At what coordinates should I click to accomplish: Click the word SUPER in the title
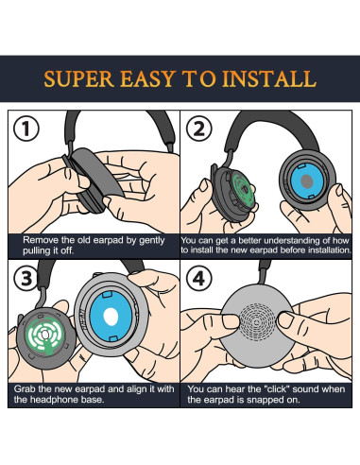(78, 78)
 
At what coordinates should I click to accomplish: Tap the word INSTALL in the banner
(269, 78)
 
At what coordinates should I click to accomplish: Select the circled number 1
(26, 129)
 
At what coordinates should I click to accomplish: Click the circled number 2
(198, 129)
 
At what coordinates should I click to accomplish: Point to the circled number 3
(26, 278)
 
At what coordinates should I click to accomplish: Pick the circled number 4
(198, 279)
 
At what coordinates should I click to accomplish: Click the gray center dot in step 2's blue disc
(306, 181)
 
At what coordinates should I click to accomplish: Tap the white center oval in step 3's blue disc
(111, 317)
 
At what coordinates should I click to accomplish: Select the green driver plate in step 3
(44, 336)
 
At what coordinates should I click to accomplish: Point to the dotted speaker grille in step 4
(256, 322)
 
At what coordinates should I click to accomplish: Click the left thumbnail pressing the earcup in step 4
(231, 321)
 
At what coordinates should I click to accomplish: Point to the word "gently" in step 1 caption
(152, 241)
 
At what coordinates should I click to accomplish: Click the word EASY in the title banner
(148, 78)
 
